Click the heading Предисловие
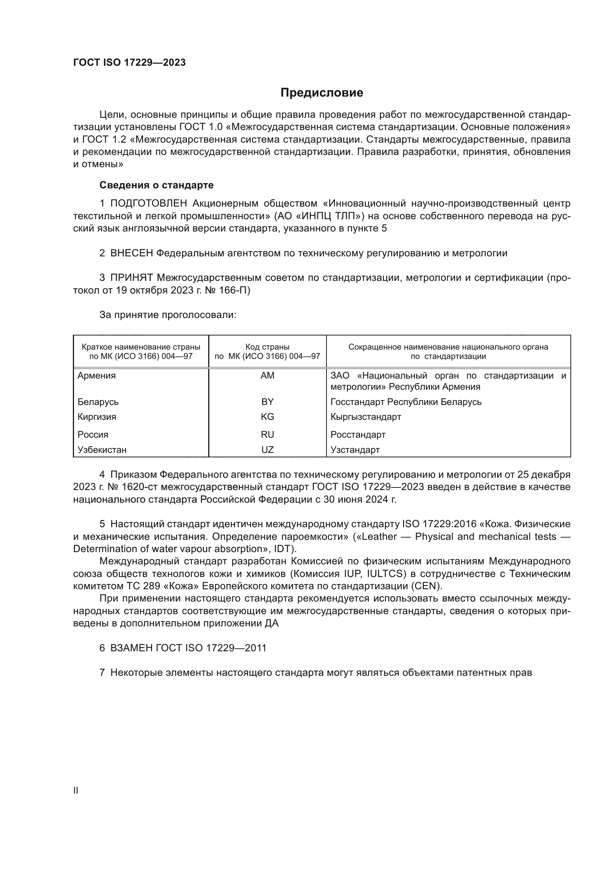tap(322, 93)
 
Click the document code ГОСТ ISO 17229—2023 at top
tap(129, 62)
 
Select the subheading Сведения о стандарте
tap(157, 185)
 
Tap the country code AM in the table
tap(267, 376)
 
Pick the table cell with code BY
tap(267, 402)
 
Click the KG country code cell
tap(267, 417)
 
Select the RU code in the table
tap(267, 435)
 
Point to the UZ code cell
tap(267, 450)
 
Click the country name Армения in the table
tap(97, 376)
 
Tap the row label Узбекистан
tap(102, 450)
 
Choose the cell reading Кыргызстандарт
tap(366, 417)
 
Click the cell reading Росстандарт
tap(358, 435)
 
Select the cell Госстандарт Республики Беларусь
tap(406, 402)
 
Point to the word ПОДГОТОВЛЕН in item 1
tap(148, 203)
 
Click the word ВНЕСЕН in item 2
tap(131, 253)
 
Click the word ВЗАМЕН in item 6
tap(131, 648)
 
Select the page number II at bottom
tap(76, 790)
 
